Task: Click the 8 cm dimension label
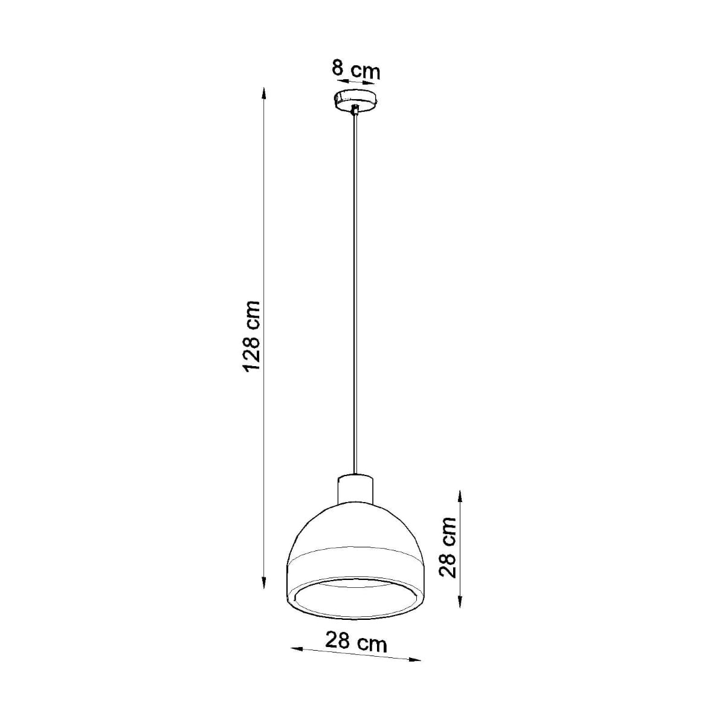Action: (356, 69)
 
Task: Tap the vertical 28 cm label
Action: (448, 547)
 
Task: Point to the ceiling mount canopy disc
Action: (356, 100)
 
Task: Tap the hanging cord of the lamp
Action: (356, 290)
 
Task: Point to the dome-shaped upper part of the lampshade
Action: (356, 526)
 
